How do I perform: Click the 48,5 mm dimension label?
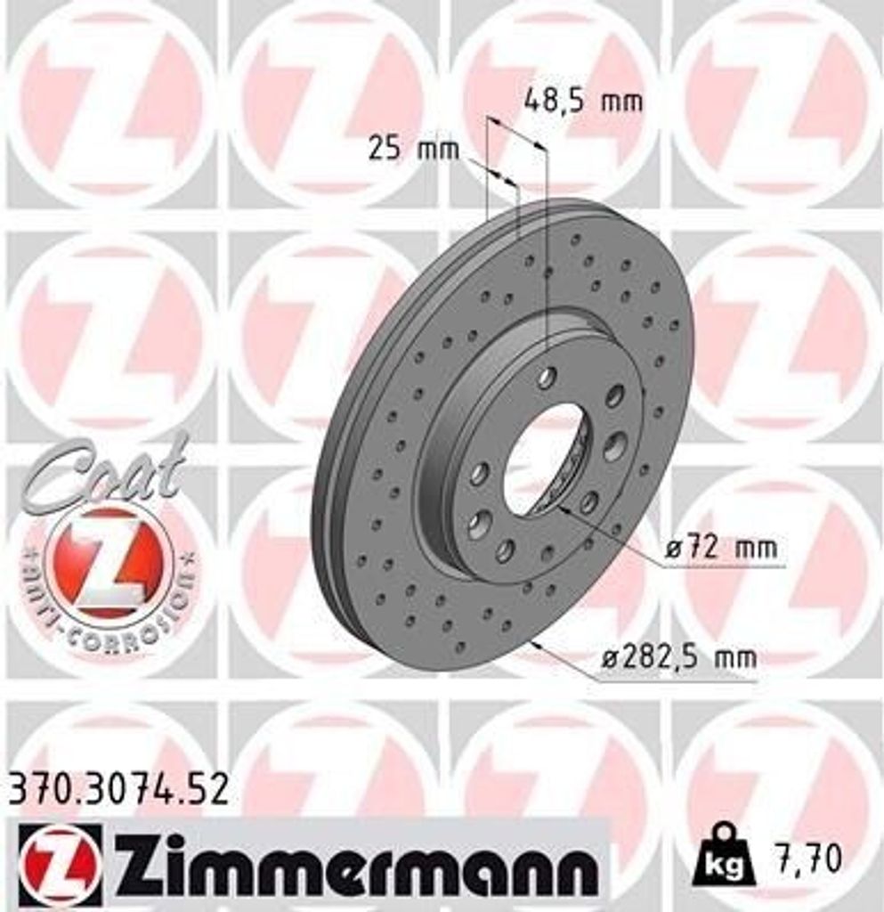click(582, 101)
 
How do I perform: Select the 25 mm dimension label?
click(413, 149)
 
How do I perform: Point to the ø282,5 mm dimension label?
click(678, 659)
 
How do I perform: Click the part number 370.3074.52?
click(118, 789)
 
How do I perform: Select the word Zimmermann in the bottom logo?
click(353, 863)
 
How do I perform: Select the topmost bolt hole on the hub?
click(547, 377)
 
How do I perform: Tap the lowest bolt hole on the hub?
click(505, 550)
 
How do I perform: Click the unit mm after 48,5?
click(620, 101)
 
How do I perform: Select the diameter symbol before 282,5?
click(609, 660)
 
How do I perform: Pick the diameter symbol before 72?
click(674, 549)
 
